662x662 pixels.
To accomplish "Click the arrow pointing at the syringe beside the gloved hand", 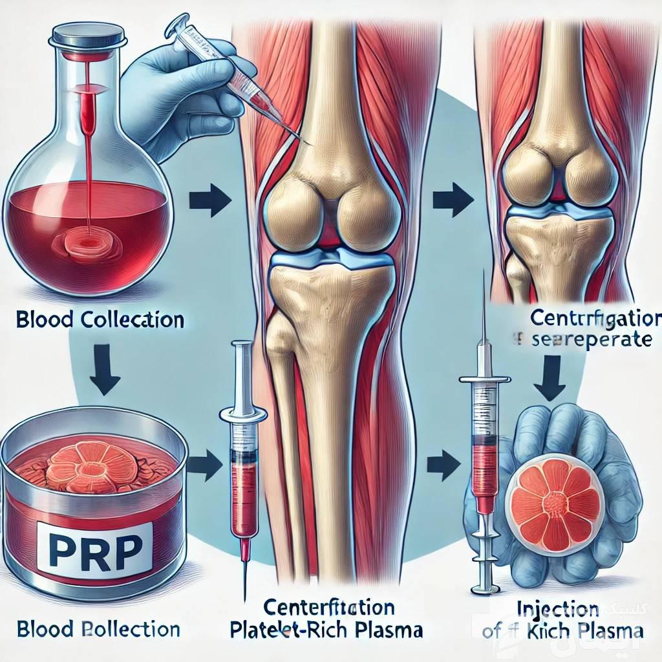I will pyautogui.click(x=443, y=462).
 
